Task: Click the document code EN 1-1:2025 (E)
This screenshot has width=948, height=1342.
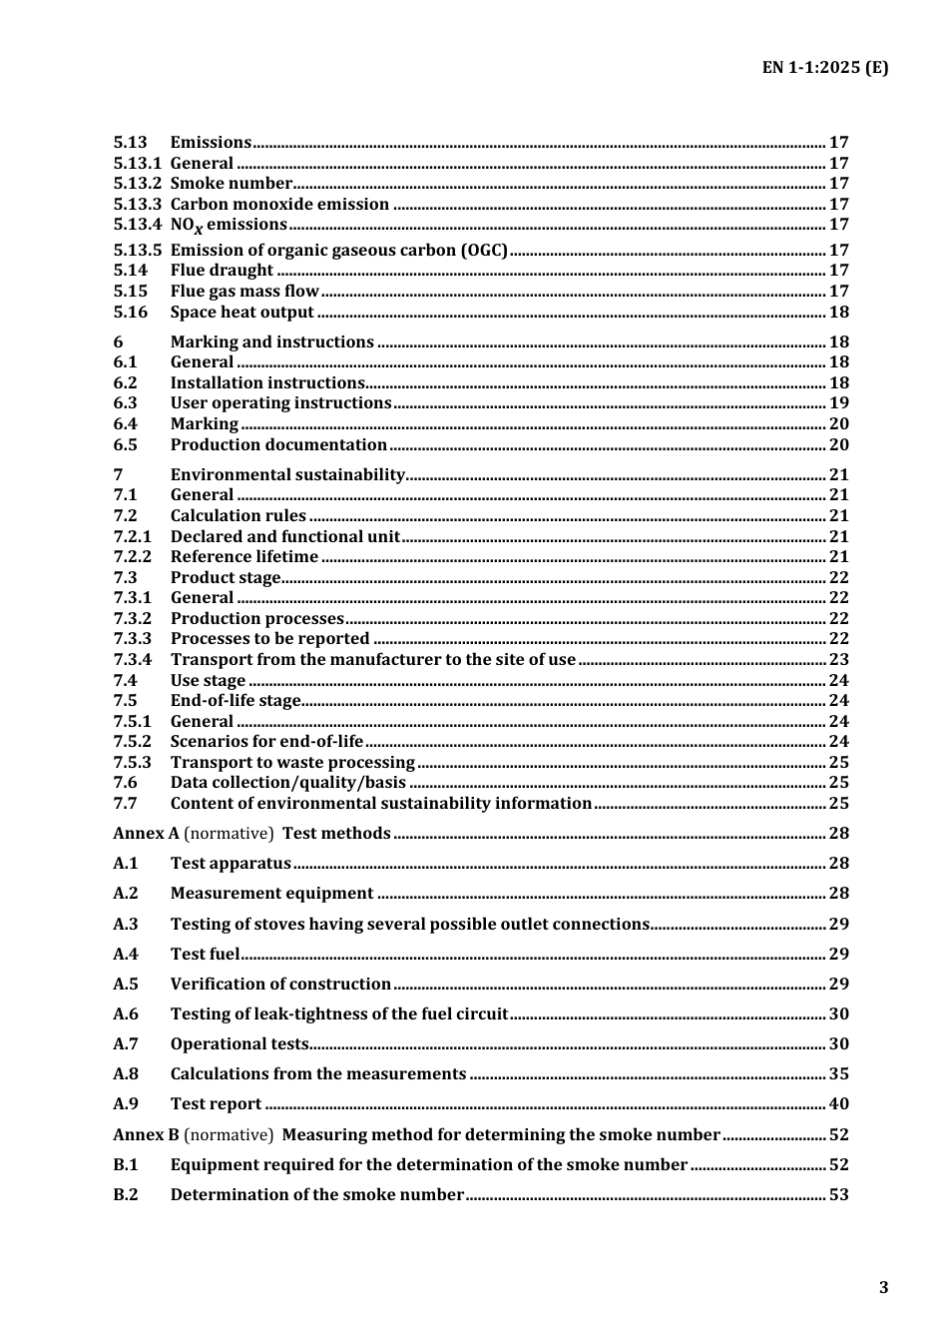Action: (824, 68)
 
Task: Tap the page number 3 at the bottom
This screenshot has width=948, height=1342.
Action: (883, 1287)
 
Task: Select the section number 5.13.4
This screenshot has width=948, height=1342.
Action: (137, 225)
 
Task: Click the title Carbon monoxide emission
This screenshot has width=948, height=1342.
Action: (279, 204)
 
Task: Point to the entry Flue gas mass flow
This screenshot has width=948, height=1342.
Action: (244, 291)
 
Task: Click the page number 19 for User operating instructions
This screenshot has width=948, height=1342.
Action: (838, 402)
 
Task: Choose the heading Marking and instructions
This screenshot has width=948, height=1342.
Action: (271, 341)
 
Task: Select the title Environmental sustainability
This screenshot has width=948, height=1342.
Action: (287, 474)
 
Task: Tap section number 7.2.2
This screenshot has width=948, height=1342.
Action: (132, 556)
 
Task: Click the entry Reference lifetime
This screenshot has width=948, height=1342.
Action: (244, 556)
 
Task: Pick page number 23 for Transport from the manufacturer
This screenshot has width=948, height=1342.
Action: (838, 659)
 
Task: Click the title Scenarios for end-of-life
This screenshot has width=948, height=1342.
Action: (266, 741)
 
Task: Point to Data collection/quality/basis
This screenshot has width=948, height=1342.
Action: (287, 782)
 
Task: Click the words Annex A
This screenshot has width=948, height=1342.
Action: (146, 833)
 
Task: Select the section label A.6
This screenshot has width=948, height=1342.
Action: (126, 1013)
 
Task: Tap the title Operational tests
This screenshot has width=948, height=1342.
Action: (239, 1043)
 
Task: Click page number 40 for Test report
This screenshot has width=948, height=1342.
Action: (838, 1103)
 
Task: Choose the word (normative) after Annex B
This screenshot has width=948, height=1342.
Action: (229, 1134)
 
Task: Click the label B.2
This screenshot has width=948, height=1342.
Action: (126, 1194)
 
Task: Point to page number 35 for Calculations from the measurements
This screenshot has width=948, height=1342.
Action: (838, 1073)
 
